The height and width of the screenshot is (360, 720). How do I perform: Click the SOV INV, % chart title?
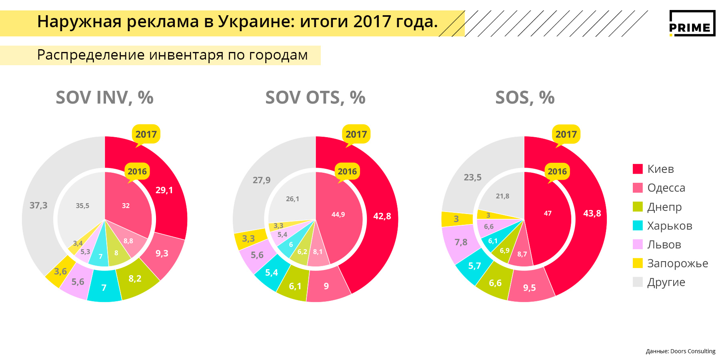tap(104, 98)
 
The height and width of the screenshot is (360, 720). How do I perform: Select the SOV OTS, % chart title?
tap(315, 98)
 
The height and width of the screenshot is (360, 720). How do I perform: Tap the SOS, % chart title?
tap(525, 98)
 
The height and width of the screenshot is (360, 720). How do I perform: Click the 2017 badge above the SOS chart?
tap(566, 134)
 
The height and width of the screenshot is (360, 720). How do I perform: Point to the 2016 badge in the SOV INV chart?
tap(137, 172)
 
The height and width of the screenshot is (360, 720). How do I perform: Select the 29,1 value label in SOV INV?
tap(164, 190)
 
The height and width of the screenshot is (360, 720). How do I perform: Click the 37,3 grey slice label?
tap(38, 205)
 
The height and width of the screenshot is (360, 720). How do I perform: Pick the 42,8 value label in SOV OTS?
tap(382, 216)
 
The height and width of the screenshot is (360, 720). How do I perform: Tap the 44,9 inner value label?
tap(338, 214)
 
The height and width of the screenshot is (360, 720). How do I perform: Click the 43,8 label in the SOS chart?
tap(592, 213)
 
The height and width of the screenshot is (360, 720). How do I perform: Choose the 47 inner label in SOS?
tap(548, 213)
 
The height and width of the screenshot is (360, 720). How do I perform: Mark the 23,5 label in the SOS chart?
tap(472, 177)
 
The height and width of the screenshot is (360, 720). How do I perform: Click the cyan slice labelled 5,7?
tap(474, 266)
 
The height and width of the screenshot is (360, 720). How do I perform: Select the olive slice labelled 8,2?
tap(135, 278)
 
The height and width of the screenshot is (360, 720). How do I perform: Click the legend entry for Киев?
tap(660, 169)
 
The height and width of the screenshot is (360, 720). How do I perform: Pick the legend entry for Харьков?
tap(669, 226)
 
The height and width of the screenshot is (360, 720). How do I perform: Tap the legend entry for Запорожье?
tap(677, 263)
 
